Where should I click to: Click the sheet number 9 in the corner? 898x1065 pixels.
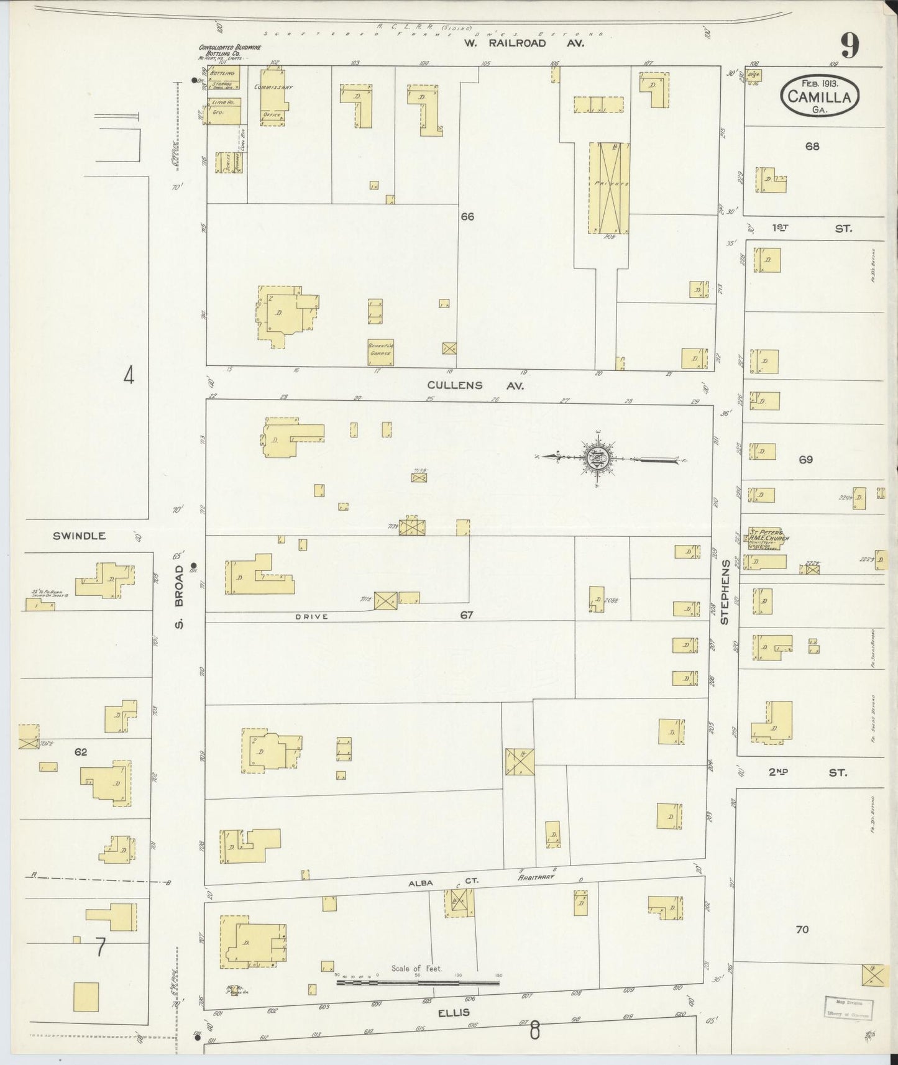click(850, 45)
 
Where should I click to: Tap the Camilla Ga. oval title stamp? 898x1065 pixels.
click(820, 96)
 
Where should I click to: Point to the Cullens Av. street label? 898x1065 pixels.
click(475, 385)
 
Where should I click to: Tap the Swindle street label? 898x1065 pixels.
click(80, 536)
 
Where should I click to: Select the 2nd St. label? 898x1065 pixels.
click(808, 772)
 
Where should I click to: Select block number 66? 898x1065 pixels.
click(467, 216)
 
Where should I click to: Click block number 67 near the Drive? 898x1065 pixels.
click(467, 615)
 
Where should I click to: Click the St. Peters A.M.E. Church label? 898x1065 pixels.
click(769, 536)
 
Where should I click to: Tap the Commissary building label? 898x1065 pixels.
click(273, 88)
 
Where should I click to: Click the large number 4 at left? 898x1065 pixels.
click(129, 376)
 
